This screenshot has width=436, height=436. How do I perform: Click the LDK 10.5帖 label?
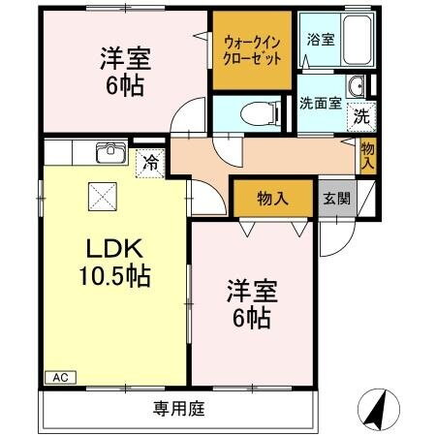point(113,263)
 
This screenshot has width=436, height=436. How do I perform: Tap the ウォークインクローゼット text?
point(252,49)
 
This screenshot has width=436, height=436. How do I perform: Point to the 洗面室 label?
point(320,104)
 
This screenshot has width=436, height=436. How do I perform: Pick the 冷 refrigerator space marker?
point(151,164)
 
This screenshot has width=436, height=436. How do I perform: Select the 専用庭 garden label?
point(179,409)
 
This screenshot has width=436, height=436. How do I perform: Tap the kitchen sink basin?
point(110,152)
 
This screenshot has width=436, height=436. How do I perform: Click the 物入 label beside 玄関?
point(273,199)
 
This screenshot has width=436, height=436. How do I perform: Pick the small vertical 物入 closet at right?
point(368,155)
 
